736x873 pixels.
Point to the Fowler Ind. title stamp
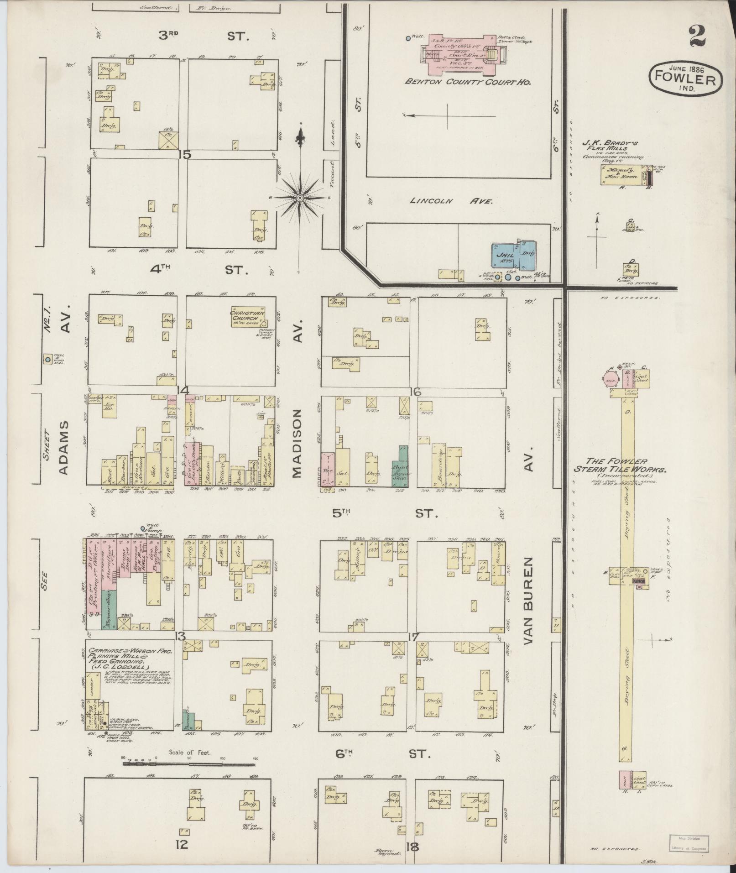[686, 78]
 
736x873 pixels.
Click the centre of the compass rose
[300, 197]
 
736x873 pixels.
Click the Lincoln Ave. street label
[451, 201]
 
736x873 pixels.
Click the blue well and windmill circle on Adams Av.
[47, 360]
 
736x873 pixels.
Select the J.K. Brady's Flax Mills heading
[611, 145]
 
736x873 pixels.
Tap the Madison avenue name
[297, 443]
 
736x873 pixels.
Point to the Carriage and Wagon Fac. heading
[130, 656]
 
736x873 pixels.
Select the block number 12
[181, 845]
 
